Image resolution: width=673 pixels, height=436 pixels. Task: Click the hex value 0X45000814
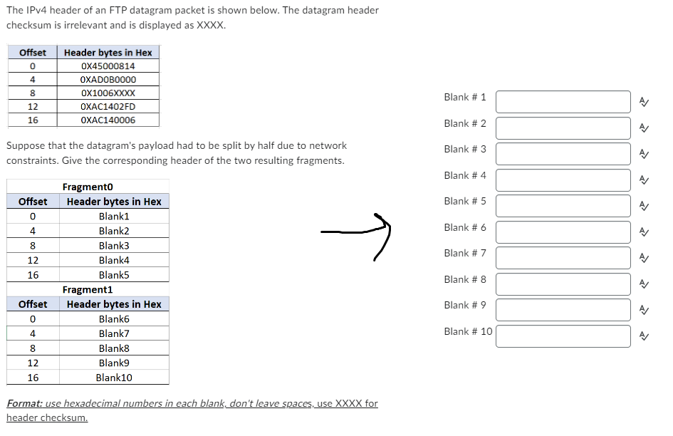click(108, 66)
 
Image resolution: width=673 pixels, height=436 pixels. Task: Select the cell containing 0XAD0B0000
click(108, 80)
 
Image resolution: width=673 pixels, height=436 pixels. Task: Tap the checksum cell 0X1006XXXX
click(108, 93)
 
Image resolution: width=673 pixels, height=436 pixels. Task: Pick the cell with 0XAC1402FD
click(108, 107)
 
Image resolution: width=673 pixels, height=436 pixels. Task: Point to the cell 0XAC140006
click(108, 120)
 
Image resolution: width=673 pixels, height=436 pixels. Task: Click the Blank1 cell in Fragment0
click(114, 216)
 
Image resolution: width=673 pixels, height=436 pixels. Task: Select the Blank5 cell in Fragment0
click(114, 275)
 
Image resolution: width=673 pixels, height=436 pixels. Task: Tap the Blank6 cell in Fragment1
click(114, 319)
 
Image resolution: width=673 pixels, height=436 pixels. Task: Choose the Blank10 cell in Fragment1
click(114, 378)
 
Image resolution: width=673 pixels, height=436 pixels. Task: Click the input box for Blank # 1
click(563, 102)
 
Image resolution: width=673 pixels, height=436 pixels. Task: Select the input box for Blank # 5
click(563, 206)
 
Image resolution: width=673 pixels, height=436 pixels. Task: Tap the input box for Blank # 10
click(563, 336)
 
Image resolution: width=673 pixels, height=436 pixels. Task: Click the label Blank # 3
click(464, 149)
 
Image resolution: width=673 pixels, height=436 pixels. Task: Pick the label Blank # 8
click(464, 279)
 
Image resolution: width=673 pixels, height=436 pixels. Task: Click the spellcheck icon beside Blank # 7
click(643, 258)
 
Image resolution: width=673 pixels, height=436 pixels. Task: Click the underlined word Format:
click(24, 404)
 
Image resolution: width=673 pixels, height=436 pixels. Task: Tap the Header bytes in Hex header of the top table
click(108, 53)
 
